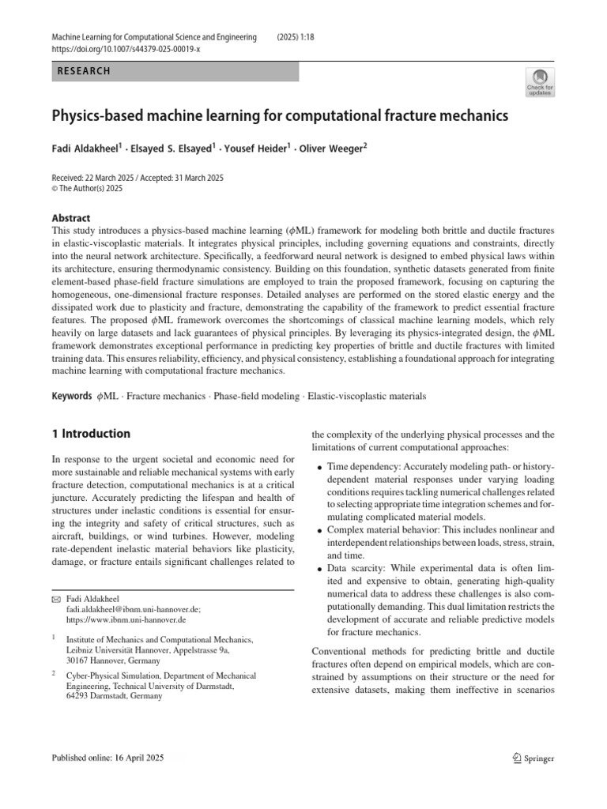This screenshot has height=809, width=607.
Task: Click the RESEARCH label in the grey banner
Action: click(x=84, y=72)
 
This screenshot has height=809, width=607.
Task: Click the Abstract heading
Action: click(x=70, y=218)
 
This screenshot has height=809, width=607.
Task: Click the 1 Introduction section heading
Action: click(x=90, y=434)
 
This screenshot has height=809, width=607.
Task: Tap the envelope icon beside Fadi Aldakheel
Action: click(x=55, y=600)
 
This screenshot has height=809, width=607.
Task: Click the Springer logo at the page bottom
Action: click(x=533, y=758)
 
